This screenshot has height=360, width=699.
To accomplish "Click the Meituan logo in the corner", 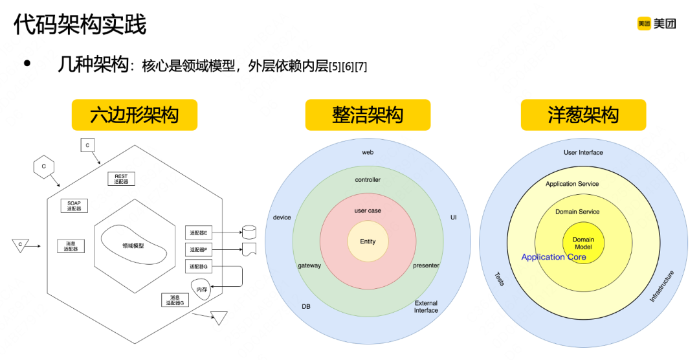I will click(656, 24).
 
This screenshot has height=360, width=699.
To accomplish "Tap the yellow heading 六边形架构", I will click(135, 115).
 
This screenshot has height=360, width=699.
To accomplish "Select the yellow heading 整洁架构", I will click(368, 115).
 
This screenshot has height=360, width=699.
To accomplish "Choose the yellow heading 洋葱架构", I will click(583, 115).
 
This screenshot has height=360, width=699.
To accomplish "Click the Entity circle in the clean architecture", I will click(368, 242).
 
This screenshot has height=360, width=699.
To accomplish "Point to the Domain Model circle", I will click(583, 243).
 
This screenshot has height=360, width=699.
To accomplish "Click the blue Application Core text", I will click(554, 257).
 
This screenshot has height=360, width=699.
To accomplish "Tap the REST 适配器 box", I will click(121, 179).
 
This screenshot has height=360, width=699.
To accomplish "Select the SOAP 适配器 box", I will click(74, 206).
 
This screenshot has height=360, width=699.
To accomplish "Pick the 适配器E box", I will click(199, 232).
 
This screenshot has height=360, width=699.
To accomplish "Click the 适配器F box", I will click(199, 249).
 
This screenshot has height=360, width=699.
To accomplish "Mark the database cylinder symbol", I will click(249, 232).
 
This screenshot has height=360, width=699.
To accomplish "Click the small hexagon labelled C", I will click(44, 166).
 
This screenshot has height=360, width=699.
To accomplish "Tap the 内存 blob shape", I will click(201, 289).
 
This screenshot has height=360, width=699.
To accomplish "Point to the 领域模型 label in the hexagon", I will click(133, 245).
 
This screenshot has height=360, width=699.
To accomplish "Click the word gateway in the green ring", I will click(309, 265).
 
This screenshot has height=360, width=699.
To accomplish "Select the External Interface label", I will click(426, 307).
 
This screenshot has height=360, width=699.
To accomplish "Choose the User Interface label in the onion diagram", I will click(583, 153).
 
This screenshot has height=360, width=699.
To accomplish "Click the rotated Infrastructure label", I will click(661, 287).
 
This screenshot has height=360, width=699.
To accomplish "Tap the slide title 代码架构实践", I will click(80, 25).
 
